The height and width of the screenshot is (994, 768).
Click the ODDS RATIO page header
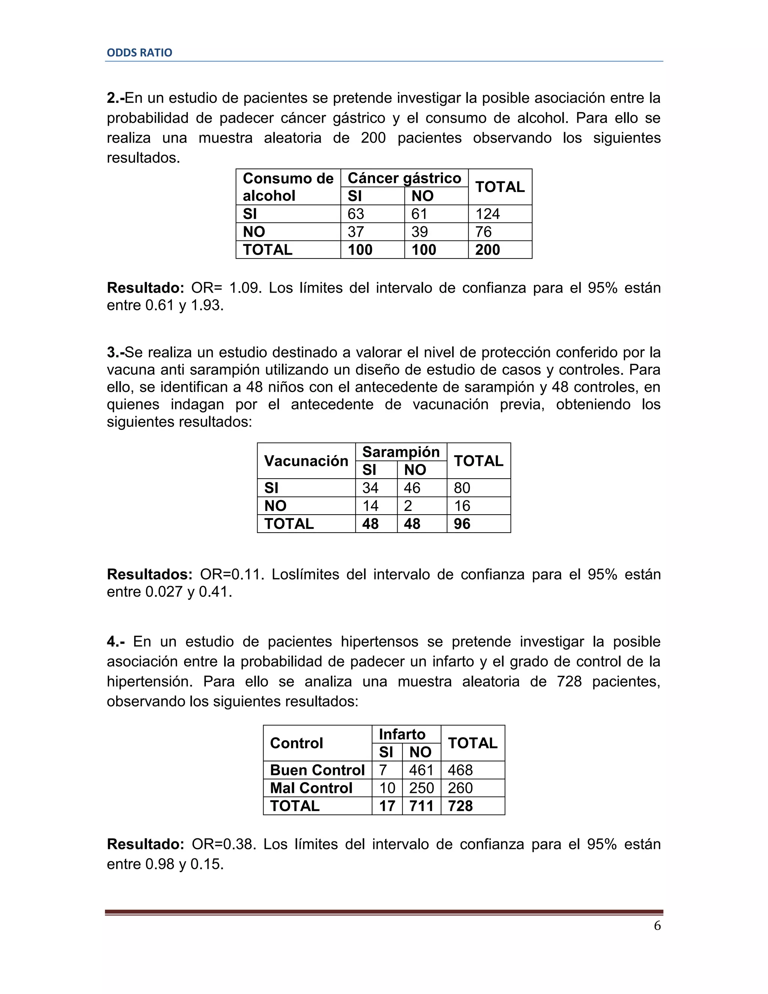139,53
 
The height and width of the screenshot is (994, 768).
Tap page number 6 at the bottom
657,925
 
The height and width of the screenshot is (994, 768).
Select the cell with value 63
356,214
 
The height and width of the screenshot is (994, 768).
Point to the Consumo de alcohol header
288,186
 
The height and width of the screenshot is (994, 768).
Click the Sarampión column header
400,452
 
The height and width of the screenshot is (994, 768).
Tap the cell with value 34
370,488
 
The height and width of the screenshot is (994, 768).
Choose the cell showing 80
462,488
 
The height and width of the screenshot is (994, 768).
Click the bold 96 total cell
462,524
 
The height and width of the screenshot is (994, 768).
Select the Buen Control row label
317,770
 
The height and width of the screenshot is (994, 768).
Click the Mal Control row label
311,788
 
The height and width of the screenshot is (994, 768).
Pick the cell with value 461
421,770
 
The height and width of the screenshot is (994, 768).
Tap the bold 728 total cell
460,806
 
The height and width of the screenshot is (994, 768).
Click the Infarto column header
402,734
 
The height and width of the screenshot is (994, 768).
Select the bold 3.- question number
115,352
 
